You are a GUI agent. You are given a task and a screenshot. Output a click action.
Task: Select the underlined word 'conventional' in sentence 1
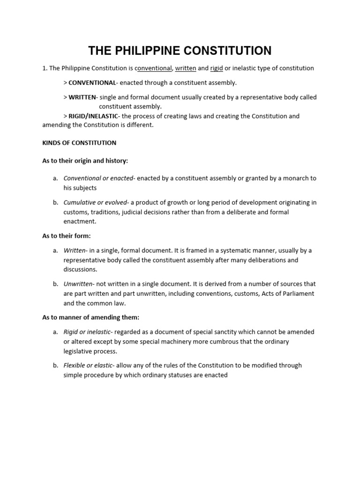[x=153, y=68]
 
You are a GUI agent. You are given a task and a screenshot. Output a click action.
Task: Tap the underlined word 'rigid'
[x=217, y=68]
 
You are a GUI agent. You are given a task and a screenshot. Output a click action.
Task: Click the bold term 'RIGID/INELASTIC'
[x=93, y=116]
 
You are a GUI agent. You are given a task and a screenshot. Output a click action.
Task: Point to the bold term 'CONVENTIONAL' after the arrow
[x=92, y=83]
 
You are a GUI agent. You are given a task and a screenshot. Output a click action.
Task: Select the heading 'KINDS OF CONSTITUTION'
[x=79, y=142]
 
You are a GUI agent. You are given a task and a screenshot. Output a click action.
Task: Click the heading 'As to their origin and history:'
[x=85, y=161]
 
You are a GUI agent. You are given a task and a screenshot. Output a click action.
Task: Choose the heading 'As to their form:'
[x=67, y=236]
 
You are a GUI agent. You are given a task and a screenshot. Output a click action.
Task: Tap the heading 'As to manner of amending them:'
[x=90, y=317]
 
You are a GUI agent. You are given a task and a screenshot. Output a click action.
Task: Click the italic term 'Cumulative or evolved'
[x=96, y=202]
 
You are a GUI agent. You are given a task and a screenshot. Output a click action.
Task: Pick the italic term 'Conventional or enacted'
[x=98, y=179]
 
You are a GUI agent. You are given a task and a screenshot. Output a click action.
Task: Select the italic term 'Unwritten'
[x=78, y=284]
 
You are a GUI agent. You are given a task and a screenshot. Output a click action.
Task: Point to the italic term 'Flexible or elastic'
[x=88, y=366]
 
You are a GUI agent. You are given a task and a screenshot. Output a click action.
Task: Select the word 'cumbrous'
[x=227, y=342]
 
